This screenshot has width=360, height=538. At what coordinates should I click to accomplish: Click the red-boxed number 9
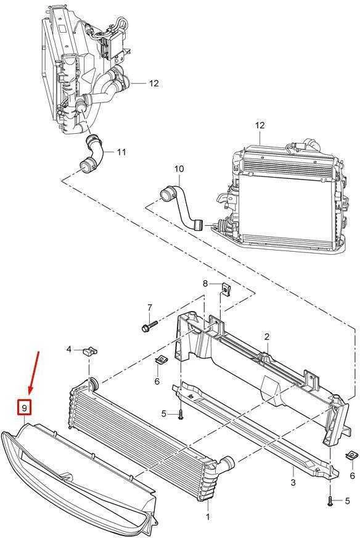point(25,408)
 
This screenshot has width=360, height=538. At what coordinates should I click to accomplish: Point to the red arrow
point(35,373)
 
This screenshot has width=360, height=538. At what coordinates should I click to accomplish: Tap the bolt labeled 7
point(149,326)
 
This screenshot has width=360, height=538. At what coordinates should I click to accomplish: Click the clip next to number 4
point(91,351)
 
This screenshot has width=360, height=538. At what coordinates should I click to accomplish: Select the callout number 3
point(293,482)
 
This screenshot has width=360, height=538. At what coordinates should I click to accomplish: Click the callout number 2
point(267,336)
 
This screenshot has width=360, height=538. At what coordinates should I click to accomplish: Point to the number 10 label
point(179,169)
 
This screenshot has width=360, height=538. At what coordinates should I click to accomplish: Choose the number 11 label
point(121,152)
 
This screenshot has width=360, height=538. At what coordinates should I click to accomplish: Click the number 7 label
point(149,308)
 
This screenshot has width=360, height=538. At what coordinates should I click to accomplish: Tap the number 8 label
point(205,283)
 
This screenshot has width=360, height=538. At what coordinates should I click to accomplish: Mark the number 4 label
point(69,349)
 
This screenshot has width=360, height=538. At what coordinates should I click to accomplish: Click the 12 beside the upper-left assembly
point(154,83)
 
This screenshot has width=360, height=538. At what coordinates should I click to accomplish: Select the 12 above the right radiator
point(260,125)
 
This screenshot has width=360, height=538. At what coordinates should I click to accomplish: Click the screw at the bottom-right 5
point(330,501)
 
